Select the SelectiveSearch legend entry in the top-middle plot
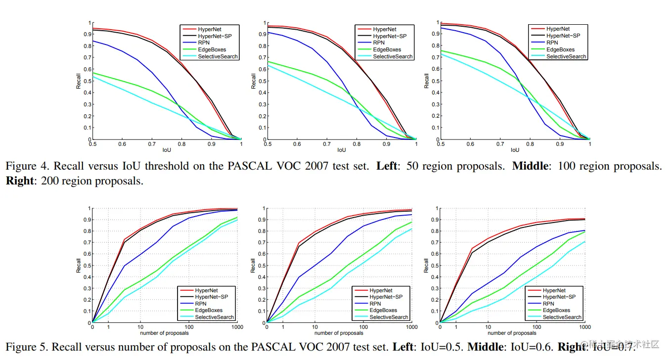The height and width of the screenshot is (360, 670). click(393, 56)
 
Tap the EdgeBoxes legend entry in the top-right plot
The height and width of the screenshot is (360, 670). click(560, 49)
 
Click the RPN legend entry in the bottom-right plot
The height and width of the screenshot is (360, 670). click(548, 304)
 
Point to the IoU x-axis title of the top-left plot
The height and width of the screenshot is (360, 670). click(167, 149)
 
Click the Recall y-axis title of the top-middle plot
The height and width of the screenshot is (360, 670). click(254, 82)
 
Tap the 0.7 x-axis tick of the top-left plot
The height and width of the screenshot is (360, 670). click(152, 143)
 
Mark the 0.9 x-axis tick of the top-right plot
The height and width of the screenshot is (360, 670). click(560, 143)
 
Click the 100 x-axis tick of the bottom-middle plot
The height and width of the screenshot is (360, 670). click(363, 327)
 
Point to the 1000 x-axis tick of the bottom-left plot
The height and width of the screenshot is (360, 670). click(237, 327)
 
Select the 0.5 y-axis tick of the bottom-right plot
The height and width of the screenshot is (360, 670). click(433, 266)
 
